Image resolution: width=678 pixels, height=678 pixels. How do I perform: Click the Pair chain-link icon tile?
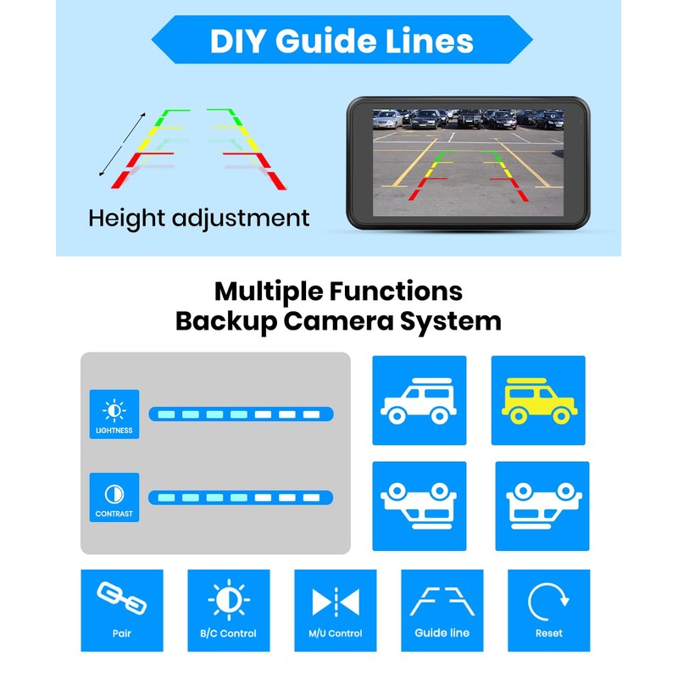[122, 609]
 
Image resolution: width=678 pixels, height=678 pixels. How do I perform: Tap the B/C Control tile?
[228, 609]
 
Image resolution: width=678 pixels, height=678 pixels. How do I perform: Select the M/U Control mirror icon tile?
[335, 609]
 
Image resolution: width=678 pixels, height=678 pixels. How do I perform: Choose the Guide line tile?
[442, 609]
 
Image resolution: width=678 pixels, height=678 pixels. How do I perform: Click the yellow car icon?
[538, 402]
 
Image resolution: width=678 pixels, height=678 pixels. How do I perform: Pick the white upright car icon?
[419, 402]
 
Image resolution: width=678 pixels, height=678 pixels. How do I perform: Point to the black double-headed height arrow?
[123, 145]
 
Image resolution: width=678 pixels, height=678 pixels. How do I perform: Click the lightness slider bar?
[241, 414]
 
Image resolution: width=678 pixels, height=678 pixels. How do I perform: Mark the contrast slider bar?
[241, 497]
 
